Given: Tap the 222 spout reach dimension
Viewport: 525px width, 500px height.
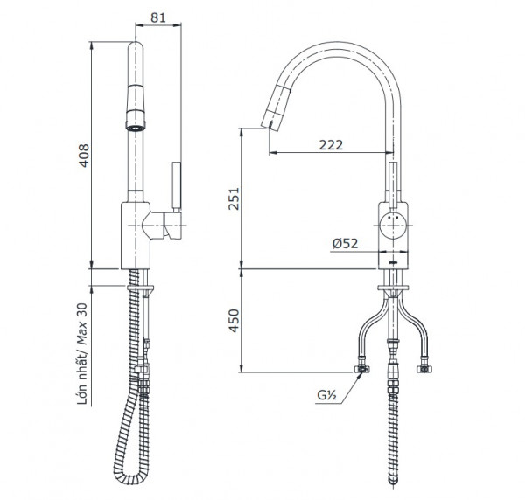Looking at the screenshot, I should (x=330, y=144).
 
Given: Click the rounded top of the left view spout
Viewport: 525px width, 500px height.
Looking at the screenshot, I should (x=136, y=48).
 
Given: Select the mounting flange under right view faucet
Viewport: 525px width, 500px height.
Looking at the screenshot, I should (x=393, y=285).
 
